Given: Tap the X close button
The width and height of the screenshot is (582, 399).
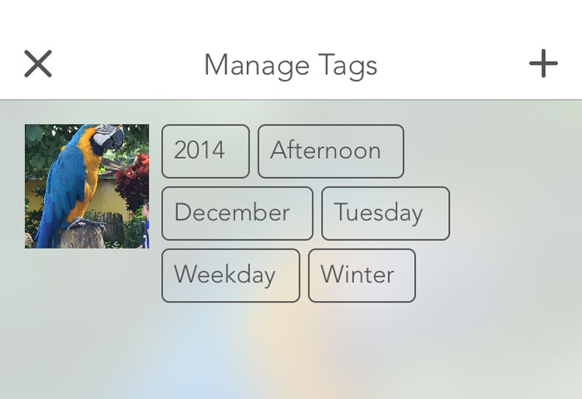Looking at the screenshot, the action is [x=38, y=64].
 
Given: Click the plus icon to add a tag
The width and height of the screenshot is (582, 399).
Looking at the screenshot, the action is [x=544, y=63].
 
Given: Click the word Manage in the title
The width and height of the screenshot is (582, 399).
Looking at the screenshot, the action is [x=256, y=66].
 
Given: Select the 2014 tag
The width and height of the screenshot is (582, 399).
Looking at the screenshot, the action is [x=205, y=151].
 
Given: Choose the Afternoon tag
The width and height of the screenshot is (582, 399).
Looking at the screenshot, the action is [x=331, y=151].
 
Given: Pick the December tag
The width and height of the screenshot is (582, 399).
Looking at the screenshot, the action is [x=237, y=214].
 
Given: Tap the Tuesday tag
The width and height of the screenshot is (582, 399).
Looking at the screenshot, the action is [x=385, y=214].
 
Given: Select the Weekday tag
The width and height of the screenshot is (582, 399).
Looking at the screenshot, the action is [x=230, y=275].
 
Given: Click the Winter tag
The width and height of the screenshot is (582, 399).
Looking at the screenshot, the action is [x=362, y=275].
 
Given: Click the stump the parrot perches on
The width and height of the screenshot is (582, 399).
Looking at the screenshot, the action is [x=81, y=236].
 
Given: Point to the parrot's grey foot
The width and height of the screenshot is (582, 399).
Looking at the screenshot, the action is [x=86, y=224].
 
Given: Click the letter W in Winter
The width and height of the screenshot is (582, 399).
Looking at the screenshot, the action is [x=333, y=274].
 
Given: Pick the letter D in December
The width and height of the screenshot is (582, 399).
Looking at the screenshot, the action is [x=183, y=212].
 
